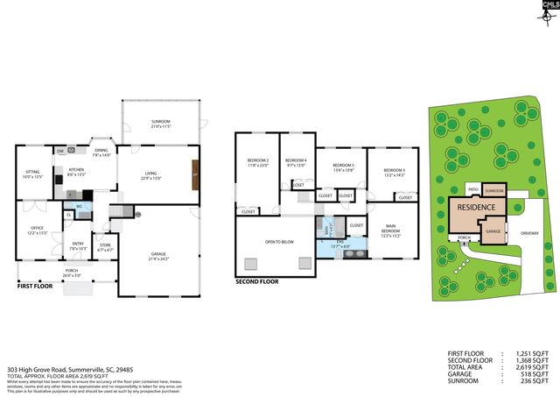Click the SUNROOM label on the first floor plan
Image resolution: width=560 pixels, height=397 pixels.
pos(160,121)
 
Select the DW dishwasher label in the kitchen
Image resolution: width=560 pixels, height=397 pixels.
pos(60,151)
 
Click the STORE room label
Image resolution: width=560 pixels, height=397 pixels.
pos(105,245)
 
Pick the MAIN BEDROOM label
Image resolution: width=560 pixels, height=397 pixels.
pos(391,230)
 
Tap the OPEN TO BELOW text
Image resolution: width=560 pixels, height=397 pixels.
pos(279,241)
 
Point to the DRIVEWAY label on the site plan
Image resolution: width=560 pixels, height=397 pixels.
pos(531,234)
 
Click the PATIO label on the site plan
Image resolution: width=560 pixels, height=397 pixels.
pos(472,188)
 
